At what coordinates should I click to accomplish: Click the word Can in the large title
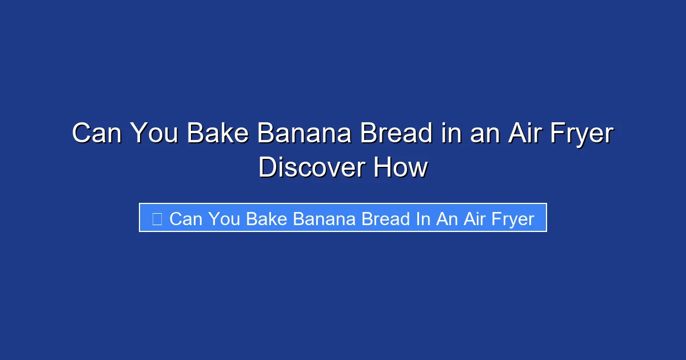tap(97, 134)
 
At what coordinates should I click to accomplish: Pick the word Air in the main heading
tap(518, 134)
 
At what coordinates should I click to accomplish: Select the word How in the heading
tap(400, 168)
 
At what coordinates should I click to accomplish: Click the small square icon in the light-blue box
tap(157, 218)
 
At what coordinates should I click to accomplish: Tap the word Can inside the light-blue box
tap(186, 219)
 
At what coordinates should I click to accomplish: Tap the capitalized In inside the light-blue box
tap(423, 219)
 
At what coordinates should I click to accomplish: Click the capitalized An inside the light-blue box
tap(447, 219)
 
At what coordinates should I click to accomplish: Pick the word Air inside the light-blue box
tap(474, 219)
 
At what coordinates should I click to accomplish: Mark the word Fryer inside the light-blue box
tap(513, 219)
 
